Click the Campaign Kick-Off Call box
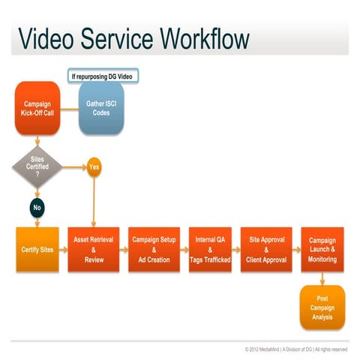(x=37, y=107)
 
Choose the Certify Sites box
(x=37, y=248)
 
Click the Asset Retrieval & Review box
(x=93, y=248)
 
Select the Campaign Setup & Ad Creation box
(x=152, y=248)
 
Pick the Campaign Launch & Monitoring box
(x=322, y=248)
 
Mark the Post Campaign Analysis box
(x=322, y=307)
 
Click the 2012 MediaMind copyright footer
(x=295, y=349)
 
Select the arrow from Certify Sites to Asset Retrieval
(x=63, y=248)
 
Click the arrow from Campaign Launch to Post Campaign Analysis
(x=322, y=277)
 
